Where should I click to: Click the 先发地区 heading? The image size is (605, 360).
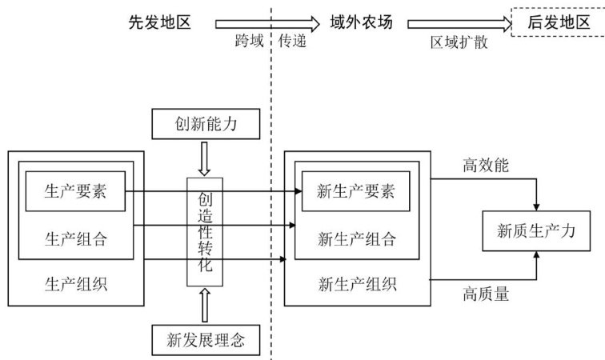click(160, 22)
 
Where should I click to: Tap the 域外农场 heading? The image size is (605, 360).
click(362, 22)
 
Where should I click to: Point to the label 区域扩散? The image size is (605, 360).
click(459, 43)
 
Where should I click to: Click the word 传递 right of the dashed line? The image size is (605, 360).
click(293, 42)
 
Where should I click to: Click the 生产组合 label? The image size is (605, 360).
click(76, 238)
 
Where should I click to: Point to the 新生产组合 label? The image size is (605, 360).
click(357, 238)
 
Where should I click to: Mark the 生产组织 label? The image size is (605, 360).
click(76, 284)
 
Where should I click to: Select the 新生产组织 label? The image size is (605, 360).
click(357, 284)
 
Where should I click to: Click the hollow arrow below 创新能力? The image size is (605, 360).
click(205, 160)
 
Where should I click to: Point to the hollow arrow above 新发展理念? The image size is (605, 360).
click(205, 305)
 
